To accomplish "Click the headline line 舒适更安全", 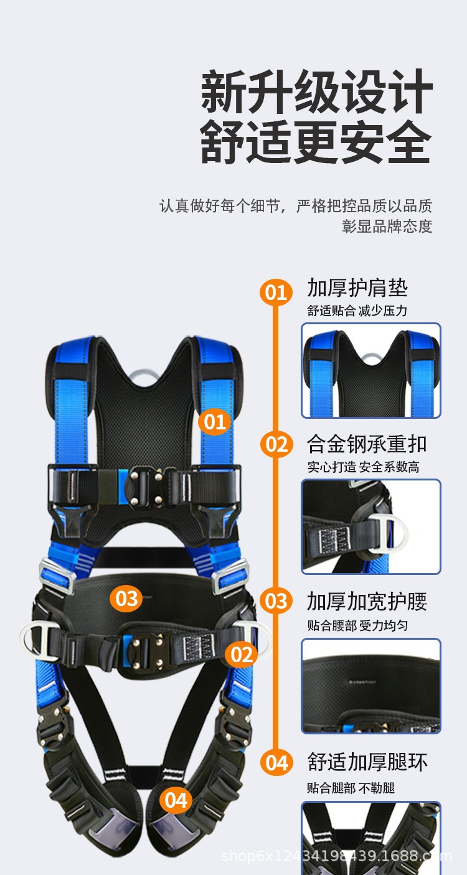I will tap(316, 143).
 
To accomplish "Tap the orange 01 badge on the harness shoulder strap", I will tap(215, 423).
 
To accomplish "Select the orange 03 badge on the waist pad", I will tap(126, 599).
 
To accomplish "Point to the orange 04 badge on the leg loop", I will tap(176, 800).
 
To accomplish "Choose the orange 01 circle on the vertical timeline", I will tap(276, 292).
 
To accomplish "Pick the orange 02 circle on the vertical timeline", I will tap(276, 445).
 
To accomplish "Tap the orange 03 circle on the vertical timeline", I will tap(276, 601).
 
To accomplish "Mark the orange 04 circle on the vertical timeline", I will tap(276, 762).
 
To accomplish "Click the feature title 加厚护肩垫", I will tap(357, 288).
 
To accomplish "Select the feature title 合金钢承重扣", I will tap(366, 444).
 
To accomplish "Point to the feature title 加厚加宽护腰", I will tap(367, 601).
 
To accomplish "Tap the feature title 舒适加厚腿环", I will tap(367, 762).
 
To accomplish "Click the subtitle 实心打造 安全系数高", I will tap(362, 467).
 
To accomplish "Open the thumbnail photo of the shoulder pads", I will tap(371, 370).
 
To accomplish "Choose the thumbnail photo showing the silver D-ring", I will tap(371, 526).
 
